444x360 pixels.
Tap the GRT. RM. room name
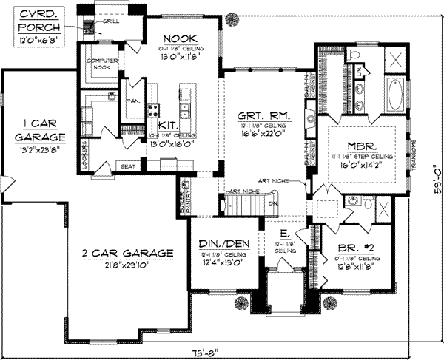click(x=263, y=117)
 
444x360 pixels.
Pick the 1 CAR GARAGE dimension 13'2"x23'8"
click(x=41, y=149)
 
